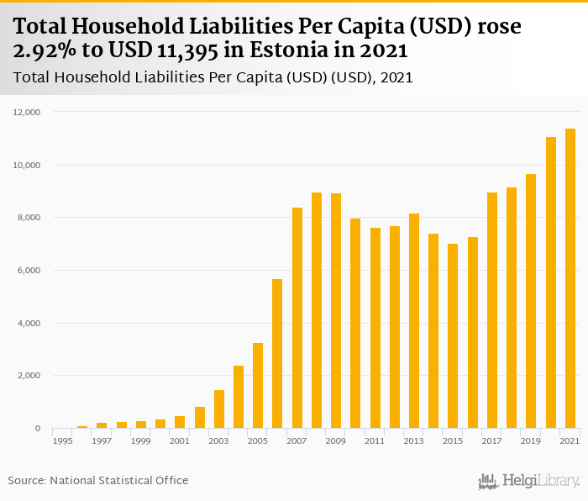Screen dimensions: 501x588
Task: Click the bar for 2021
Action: point(570,278)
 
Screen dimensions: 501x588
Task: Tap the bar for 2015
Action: point(453,336)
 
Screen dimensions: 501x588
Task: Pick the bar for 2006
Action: point(277,354)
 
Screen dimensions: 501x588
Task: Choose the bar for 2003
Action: point(219,409)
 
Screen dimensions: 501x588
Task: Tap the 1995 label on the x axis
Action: point(63,440)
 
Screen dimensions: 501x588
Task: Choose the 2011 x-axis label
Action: point(375,440)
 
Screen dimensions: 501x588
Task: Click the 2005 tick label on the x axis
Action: point(258,440)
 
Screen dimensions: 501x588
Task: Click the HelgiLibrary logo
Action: point(529,481)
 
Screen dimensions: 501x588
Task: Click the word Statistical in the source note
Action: point(123,480)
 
